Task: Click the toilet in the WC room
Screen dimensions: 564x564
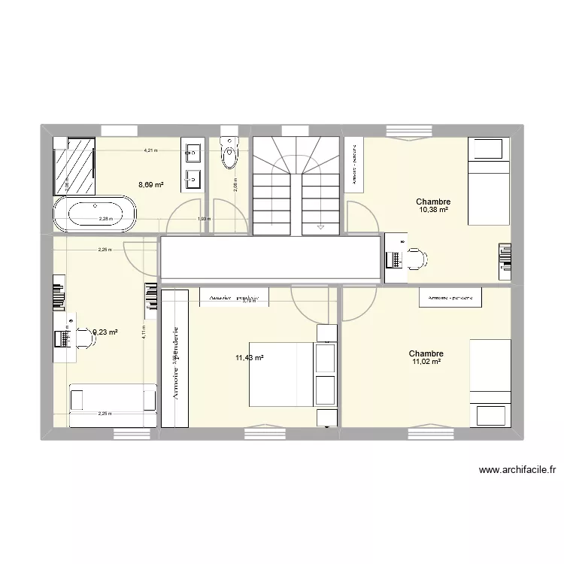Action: pyautogui.click(x=229, y=156)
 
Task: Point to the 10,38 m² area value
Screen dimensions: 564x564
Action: pyautogui.click(x=434, y=210)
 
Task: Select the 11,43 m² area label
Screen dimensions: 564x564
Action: pyautogui.click(x=250, y=358)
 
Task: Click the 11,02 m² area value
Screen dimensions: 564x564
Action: pyautogui.click(x=426, y=362)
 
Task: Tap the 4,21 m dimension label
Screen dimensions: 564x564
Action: pyautogui.click(x=151, y=150)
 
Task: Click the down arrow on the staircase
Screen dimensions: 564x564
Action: pyautogui.click(x=320, y=223)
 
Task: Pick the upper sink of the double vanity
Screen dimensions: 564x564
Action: pyautogui.click(x=192, y=156)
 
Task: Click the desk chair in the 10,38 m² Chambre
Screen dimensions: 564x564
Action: pyautogui.click(x=416, y=259)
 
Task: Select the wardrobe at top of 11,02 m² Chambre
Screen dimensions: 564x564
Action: pyautogui.click(x=450, y=298)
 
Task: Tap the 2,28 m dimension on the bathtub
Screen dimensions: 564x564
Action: pyautogui.click(x=105, y=220)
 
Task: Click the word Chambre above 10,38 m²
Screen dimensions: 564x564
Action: pyautogui.click(x=434, y=202)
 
